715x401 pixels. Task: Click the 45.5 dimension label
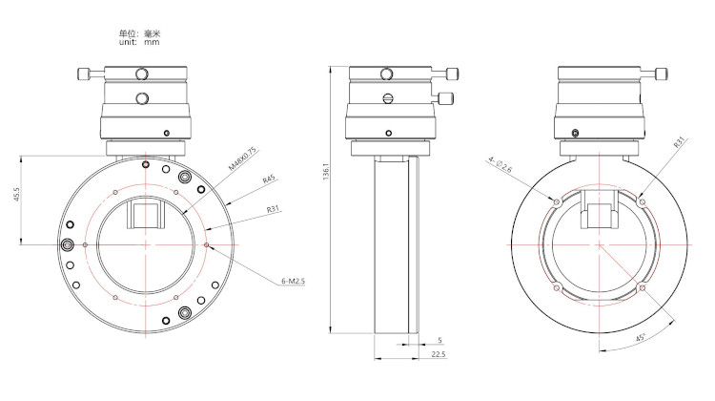click(x=17, y=194)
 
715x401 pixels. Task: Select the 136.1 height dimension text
click(x=326, y=171)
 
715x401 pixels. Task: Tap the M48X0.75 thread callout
click(x=243, y=158)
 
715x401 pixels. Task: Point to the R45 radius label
click(x=269, y=179)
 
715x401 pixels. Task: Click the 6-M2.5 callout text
click(x=293, y=281)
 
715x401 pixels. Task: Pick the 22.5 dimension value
click(x=439, y=354)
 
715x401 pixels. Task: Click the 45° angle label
click(x=641, y=338)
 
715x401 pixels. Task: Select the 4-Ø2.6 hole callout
click(x=500, y=164)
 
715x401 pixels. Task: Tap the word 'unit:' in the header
click(x=128, y=42)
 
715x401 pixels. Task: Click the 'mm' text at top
click(x=152, y=42)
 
